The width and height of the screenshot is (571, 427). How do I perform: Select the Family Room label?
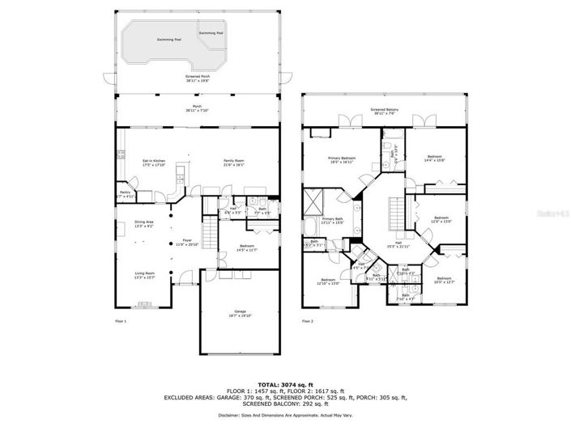pos(234,163)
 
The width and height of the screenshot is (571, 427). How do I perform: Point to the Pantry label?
pos(125,194)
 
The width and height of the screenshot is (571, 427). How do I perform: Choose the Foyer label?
pos(187,242)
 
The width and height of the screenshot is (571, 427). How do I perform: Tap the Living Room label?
pos(146,275)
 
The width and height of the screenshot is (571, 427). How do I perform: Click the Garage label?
pos(240,313)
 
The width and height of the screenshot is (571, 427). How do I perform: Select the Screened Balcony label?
pos(384,111)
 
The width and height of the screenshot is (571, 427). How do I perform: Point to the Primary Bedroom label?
pos(341,160)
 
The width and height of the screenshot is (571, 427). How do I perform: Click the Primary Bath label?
pos(333,221)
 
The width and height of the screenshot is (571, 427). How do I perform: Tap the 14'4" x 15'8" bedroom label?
pos(435,159)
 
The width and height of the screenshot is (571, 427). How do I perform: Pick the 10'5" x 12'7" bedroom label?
pos(445,281)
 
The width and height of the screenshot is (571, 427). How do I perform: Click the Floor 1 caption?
pos(121,321)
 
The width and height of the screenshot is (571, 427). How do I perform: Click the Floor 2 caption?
pos(308,321)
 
